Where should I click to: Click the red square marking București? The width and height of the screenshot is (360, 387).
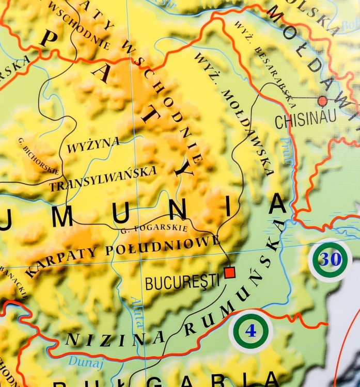point(230,271)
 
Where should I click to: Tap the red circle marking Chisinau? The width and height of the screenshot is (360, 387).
point(323,101)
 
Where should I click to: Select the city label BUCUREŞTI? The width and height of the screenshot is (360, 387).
point(182,282)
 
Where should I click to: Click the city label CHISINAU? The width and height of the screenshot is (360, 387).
point(305,120)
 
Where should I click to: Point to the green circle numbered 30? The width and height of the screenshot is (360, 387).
point(330,260)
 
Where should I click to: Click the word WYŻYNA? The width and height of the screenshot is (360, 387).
point(93,145)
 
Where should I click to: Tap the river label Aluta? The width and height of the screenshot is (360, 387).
point(136,313)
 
